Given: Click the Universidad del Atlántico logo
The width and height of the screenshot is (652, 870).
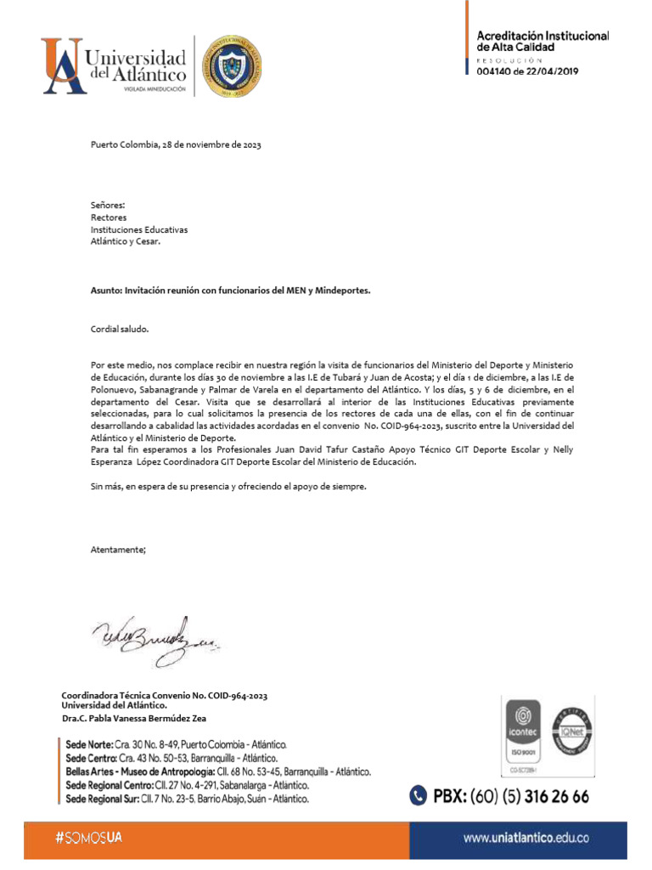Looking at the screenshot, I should [x=115, y=65].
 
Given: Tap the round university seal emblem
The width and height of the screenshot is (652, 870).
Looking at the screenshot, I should [x=230, y=66].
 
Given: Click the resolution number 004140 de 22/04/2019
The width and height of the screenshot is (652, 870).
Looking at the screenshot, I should [x=527, y=72].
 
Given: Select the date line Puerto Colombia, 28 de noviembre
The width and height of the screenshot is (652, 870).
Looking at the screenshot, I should [x=176, y=144].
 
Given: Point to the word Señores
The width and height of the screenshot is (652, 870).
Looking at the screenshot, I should [x=108, y=206].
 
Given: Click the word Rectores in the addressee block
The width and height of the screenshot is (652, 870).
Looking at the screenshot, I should [x=109, y=217].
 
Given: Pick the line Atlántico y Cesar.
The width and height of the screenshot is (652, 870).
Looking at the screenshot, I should [x=125, y=241].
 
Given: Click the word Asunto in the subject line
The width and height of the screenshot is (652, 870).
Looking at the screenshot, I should [x=106, y=291].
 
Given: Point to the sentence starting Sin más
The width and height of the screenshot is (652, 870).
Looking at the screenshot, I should [x=229, y=487].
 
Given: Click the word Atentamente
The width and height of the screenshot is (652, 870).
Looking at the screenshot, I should [x=118, y=550].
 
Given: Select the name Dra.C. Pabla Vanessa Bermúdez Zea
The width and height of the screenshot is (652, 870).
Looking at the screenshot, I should [x=134, y=718].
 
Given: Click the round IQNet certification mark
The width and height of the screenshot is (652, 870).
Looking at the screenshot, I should [x=572, y=728].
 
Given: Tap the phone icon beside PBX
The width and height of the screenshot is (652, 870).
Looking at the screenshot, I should [x=418, y=796].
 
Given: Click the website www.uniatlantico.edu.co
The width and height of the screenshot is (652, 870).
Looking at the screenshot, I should [x=526, y=838].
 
